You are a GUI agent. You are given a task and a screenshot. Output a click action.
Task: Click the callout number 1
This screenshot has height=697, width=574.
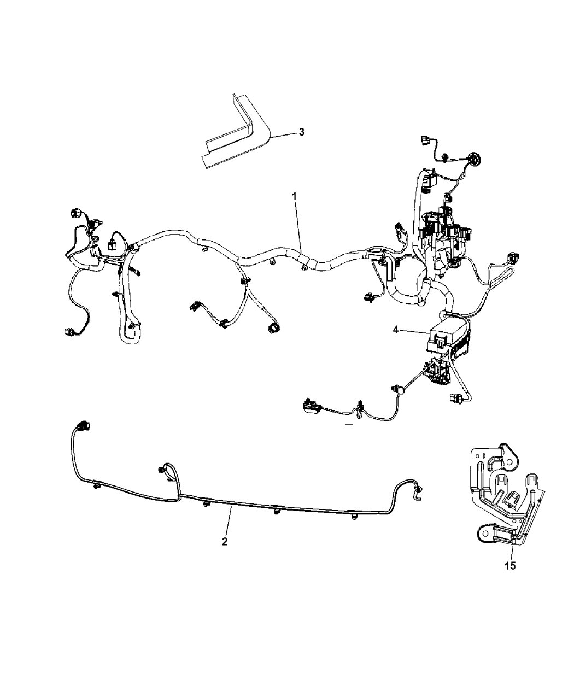(x=294, y=196)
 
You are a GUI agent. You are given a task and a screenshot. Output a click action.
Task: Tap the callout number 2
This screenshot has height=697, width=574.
(x=224, y=541)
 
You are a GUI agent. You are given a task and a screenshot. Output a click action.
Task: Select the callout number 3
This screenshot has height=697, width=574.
(x=302, y=132)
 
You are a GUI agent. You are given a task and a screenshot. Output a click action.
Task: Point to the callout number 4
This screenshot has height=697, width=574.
(x=396, y=330)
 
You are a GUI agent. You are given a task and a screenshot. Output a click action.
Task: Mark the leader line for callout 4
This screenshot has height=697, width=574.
(x=414, y=331)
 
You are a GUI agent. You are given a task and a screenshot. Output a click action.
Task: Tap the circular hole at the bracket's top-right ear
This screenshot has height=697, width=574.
(x=509, y=462)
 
